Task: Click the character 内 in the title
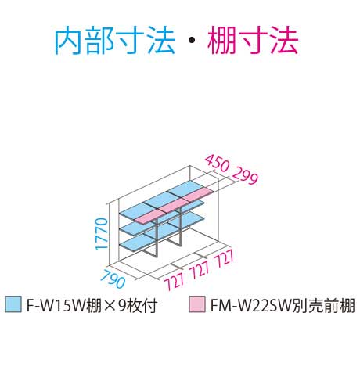69,41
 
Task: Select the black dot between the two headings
191,41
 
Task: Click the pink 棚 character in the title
221,41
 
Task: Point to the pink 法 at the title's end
283,41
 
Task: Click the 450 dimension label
217,164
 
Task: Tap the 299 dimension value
245,175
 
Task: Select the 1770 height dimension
102,234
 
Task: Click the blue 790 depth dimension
112,279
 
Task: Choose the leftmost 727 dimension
175,281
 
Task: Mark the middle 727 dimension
200,269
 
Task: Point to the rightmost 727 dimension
224,258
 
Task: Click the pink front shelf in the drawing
175,206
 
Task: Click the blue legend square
13,304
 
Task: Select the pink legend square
197,304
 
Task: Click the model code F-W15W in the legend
56,305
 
